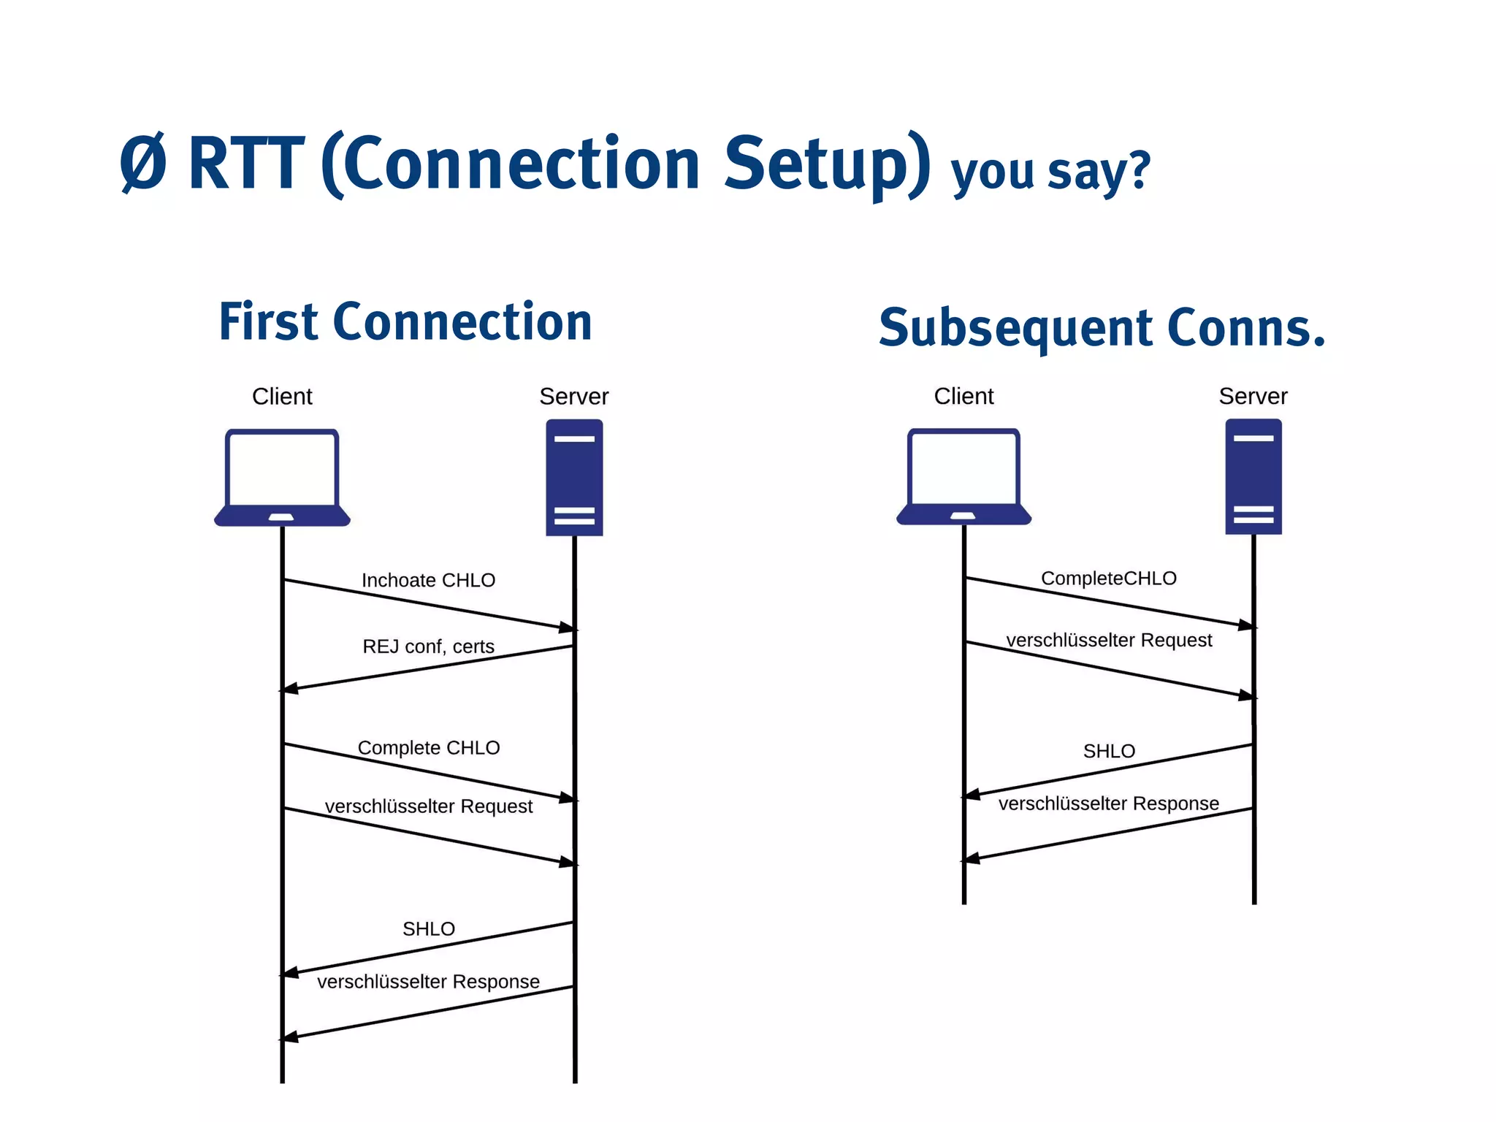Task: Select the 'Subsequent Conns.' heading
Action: pyautogui.click(x=1102, y=327)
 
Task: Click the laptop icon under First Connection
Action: pyautogui.click(x=282, y=477)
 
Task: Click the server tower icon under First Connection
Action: pyautogui.click(x=574, y=477)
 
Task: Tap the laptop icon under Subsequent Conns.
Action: pyautogui.click(x=963, y=476)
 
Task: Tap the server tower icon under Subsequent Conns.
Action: pyautogui.click(x=1253, y=476)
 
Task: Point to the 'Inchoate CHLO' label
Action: pyautogui.click(x=428, y=580)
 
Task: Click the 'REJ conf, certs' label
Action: pyautogui.click(x=428, y=646)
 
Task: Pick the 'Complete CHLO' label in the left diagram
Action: pyautogui.click(x=428, y=747)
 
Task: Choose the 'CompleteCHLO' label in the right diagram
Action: pyautogui.click(x=1108, y=578)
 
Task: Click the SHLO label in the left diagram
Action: pyautogui.click(x=428, y=928)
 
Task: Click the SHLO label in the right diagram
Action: pyautogui.click(x=1108, y=751)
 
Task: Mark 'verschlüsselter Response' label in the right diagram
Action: pyautogui.click(x=1108, y=804)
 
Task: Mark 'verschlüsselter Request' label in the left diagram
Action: pyautogui.click(x=428, y=806)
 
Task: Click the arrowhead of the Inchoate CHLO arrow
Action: pyautogui.click(x=568, y=627)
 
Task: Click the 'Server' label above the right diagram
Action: pyautogui.click(x=1253, y=396)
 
